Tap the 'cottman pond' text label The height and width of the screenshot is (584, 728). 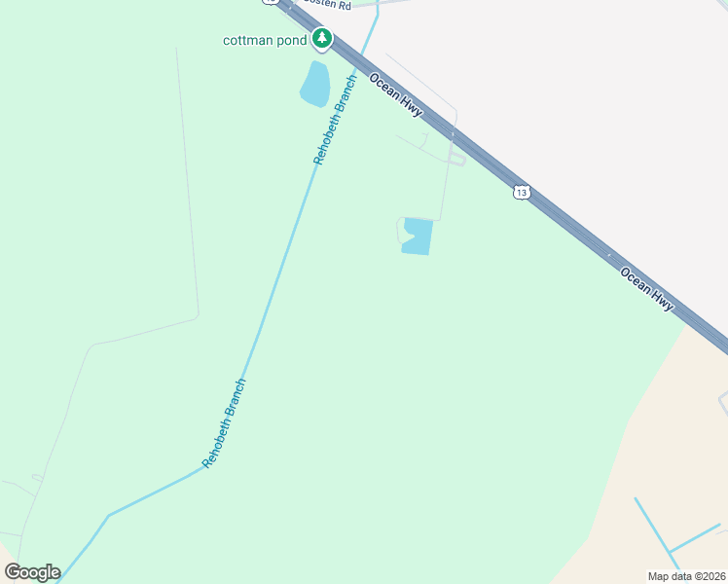[265, 40]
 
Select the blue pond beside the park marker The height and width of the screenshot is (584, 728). [315, 85]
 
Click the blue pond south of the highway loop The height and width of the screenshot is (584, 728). [417, 236]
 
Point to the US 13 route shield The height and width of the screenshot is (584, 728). [523, 193]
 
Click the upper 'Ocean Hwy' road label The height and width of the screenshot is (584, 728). [395, 95]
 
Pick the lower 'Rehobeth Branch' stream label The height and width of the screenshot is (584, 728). [225, 422]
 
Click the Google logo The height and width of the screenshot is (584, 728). [32, 572]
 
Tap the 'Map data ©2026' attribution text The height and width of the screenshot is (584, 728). [687, 576]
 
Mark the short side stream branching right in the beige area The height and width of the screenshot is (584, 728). [695, 537]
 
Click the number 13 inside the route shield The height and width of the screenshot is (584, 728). [523, 193]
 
